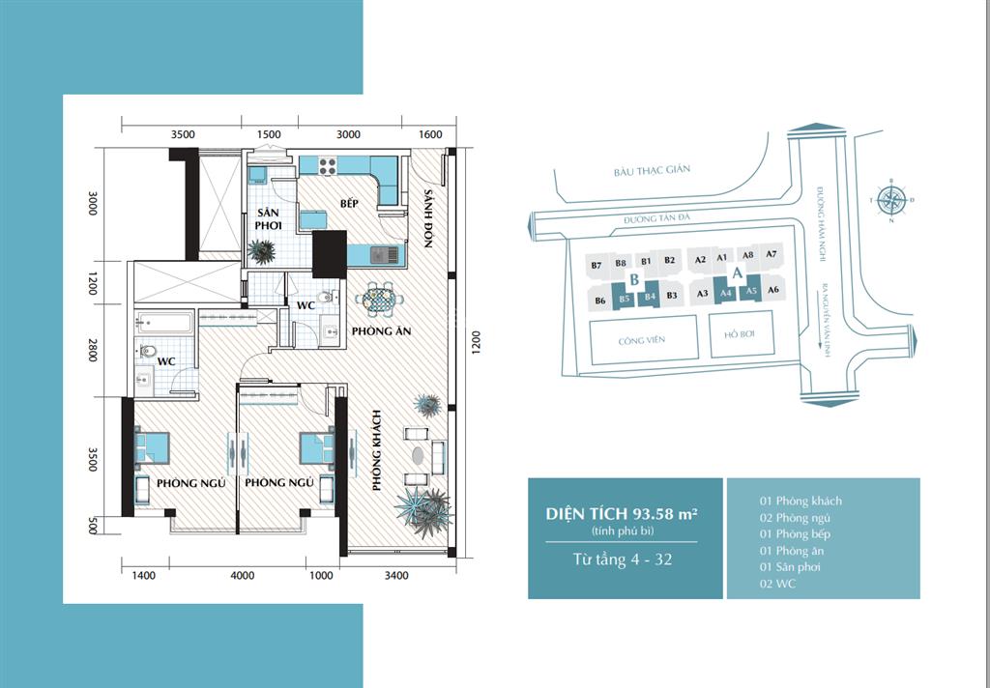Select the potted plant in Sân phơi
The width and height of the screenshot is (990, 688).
261,250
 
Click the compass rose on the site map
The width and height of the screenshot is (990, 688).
894,201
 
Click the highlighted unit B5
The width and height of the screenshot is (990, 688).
625,299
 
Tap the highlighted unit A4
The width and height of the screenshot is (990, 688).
726,294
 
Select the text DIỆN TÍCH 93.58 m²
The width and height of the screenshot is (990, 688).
625,514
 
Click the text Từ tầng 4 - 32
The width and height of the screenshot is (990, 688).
625,558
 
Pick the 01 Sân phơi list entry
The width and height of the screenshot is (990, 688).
790,566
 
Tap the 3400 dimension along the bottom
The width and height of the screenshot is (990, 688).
396,576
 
